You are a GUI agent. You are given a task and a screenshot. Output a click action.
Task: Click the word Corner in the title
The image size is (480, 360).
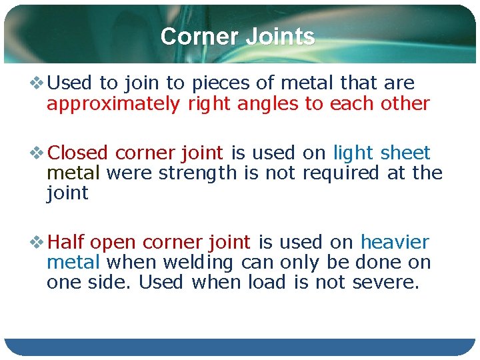click(200, 37)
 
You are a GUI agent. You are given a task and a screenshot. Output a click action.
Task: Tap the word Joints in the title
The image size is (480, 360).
click(280, 37)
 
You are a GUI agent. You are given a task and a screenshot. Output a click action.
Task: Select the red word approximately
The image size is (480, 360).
click(113, 104)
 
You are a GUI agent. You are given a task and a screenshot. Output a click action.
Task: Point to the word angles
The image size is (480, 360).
click(259, 104)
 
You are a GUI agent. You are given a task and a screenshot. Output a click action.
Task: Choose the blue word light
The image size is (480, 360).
click(354, 153)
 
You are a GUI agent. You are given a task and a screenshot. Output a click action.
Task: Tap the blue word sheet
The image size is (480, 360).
click(405, 153)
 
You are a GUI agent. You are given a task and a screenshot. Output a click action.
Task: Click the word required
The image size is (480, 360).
click(339, 173)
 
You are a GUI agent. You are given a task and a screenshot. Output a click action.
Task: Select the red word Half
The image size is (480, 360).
click(67, 242)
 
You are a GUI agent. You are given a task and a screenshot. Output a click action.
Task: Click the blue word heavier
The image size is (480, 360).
click(395, 242)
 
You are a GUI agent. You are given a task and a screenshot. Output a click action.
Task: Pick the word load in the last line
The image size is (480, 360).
click(267, 283)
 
